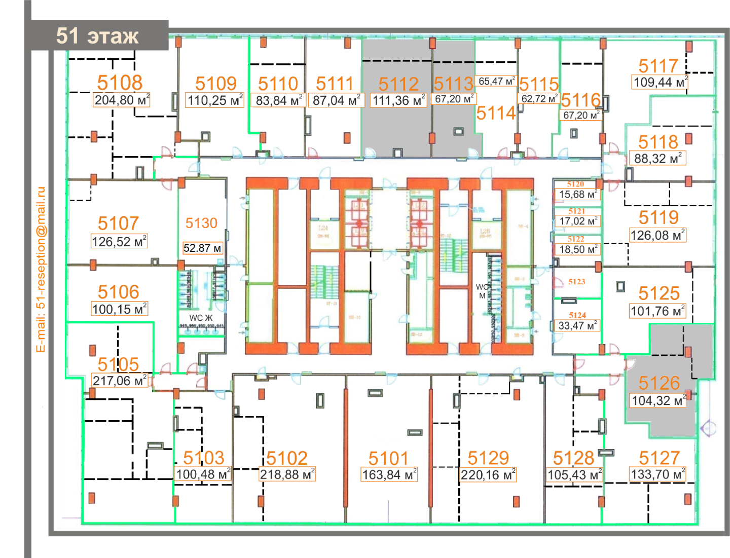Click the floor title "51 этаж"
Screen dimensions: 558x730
tap(97, 36)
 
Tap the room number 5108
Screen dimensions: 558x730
tap(120, 83)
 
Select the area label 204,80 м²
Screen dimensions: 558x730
tap(122, 100)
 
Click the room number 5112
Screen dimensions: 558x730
tap(398, 84)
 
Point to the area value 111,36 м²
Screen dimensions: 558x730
tap(398, 100)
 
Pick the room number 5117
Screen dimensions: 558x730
tap(658, 66)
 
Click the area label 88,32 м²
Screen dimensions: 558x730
tap(658, 159)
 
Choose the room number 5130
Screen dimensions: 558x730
tap(201, 223)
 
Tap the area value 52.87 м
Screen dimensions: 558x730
tap(202, 248)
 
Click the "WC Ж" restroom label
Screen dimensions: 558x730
tap(201, 318)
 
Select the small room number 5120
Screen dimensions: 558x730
tap(575, 184)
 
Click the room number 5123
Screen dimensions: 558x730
tap(576, 282)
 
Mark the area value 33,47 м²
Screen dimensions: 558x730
tap(577, 326)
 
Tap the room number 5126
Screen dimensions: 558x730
tap(659, 383)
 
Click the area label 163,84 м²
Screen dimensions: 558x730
tap(389, 475)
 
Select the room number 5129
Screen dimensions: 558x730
tap(488, 458)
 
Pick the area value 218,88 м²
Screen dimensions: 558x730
tap(287, 474)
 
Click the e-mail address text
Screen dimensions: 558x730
tap(41, 269)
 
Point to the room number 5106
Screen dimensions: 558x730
tap(118, 292)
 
